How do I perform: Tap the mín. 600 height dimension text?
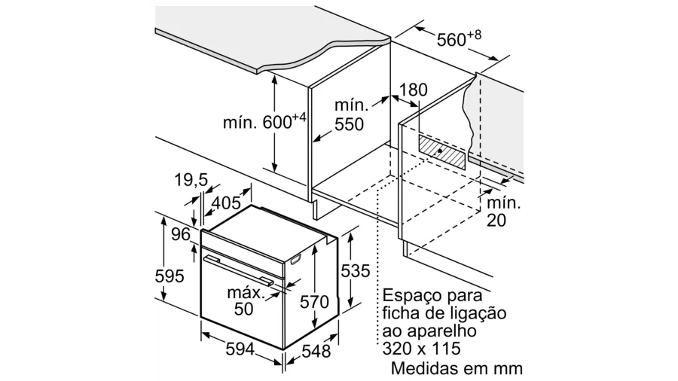pos(264,121)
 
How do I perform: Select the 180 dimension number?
pos(413,90)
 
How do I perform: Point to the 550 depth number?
pos(349,124)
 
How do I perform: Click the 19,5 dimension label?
pos(191,180)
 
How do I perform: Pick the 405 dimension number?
pos(226,202)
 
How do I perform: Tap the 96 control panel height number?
pos(181,234)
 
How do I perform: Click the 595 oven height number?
pos(169,276)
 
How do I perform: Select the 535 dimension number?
pos(356,271)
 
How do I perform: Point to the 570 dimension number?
pos(315,301)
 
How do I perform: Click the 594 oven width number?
pos(240,349)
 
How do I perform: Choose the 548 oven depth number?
pos(316,351)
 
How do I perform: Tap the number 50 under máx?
pos(244,309)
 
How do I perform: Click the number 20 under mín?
pos(496,221)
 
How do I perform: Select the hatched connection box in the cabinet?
pos(442,151)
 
